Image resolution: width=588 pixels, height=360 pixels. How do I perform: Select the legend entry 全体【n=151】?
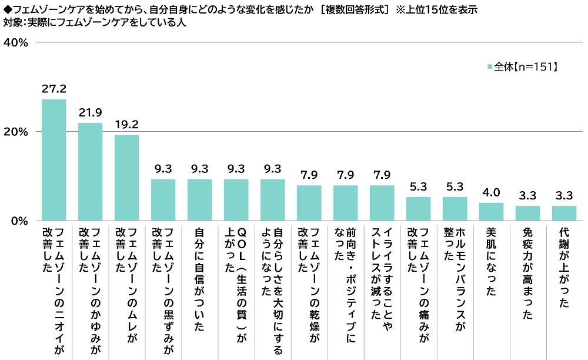tap(522, 67)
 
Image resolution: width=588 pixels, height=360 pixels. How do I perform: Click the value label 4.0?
tap(491, 193)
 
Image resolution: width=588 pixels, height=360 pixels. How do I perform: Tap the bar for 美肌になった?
tap(491, 212)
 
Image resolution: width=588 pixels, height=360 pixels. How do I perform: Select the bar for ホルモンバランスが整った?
tap(455, 209)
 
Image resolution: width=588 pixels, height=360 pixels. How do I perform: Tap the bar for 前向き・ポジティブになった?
tap(345, 203)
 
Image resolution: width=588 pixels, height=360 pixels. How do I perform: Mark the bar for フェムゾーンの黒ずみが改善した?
tap(163, 200)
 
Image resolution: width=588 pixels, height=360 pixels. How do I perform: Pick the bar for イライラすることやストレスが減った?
tap(382, 203)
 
